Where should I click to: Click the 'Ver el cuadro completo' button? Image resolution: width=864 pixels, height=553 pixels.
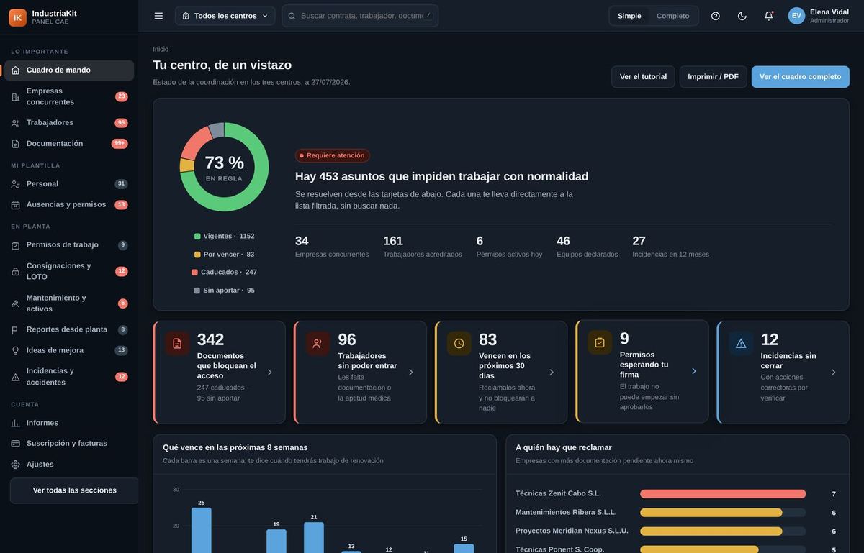(x=800, y=77)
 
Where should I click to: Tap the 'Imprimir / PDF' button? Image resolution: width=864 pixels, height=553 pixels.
(x=713, y=77)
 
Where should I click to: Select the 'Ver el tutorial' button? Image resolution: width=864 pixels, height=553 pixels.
(x=643, y=77)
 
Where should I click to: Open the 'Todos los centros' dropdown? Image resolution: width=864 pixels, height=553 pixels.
(x=225, y=16)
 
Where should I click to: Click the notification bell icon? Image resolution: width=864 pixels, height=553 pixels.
(x=769, y=16)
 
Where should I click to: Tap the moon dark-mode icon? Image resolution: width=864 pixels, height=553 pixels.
(x=742, y=16)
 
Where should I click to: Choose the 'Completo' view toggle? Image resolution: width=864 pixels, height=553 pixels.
(x=672, y=16)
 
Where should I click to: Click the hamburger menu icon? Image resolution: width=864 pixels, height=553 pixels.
(x=158, y=16)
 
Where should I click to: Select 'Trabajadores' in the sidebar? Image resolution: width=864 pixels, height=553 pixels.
(x=50, y=122)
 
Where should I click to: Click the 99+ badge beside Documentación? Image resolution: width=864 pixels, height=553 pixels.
(x=120, y=143)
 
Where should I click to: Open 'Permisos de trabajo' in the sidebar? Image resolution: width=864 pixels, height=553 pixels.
(x=63, y=244)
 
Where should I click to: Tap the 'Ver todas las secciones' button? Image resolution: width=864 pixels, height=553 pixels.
(x=74, y=490)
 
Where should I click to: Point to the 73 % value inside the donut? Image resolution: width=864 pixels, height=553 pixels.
(x=224, y=163)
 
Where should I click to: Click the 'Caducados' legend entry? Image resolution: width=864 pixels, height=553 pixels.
(x=224, y=272)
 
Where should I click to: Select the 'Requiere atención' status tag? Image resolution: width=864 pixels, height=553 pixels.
(x=332, y=155)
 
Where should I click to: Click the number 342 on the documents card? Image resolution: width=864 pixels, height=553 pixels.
(x=210, y=339)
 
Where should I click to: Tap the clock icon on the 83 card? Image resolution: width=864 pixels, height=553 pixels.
(x=459, y=343)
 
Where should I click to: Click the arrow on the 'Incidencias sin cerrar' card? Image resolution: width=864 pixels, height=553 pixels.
(x=834, y=373)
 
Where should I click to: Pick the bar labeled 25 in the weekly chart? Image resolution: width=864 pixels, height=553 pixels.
(x=202, y=530)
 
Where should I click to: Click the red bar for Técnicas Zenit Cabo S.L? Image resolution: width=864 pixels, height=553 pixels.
(x=722, y=493)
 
